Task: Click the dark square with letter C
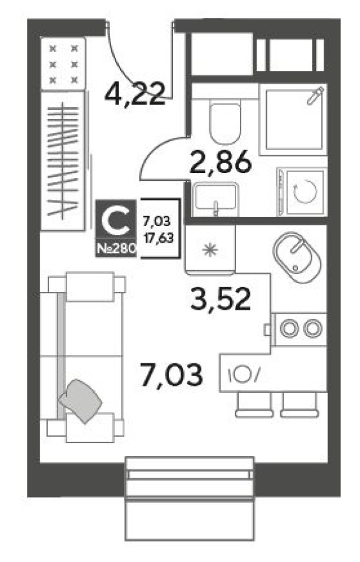[116, 221]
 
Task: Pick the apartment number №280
[116, 248]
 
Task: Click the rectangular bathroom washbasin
[215, 197]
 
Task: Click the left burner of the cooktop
[290, 328]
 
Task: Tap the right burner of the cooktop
[312, 328]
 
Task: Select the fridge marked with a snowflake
[210, 249]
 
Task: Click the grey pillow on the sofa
[81, 400]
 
